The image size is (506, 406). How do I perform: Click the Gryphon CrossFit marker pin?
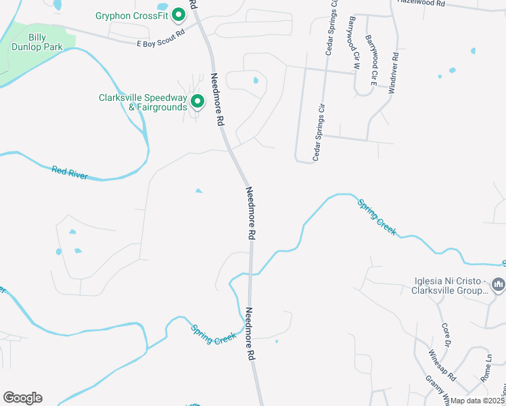[179, 14]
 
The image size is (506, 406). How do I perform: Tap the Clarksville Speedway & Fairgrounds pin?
[198, 102]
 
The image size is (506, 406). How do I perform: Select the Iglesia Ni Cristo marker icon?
[499, 284]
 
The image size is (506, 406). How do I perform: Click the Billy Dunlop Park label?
[37, 42]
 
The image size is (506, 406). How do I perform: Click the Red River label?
[70, 173]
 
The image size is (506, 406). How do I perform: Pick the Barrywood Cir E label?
[370, 62]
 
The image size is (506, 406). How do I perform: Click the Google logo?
[22, 398]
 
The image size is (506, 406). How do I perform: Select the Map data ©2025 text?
[477, 401]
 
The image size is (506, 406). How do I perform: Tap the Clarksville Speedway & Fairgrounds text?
[142, 102]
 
